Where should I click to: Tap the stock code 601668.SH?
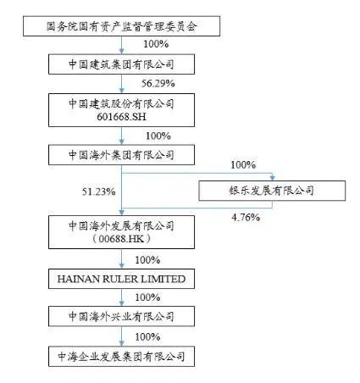(x=121, y=117)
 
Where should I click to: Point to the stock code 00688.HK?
(x=121, y=239)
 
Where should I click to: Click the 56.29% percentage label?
(x=158, y=84)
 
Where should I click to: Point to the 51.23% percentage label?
(x=98, y=191)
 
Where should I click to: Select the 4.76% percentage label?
(x=246, y=218)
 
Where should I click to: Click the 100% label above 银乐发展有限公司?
(x=243, y=164)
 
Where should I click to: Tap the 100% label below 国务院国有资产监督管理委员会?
(x=156, y=44)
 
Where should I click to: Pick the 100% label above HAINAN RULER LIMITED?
(x=147, y=260)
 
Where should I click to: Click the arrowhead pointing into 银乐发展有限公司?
(x=272, y=178)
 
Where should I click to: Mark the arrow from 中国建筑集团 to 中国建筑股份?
(x=121, y=84)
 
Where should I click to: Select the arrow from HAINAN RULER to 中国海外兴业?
(x=121, y=297)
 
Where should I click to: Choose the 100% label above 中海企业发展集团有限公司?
(x=147, y=336)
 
